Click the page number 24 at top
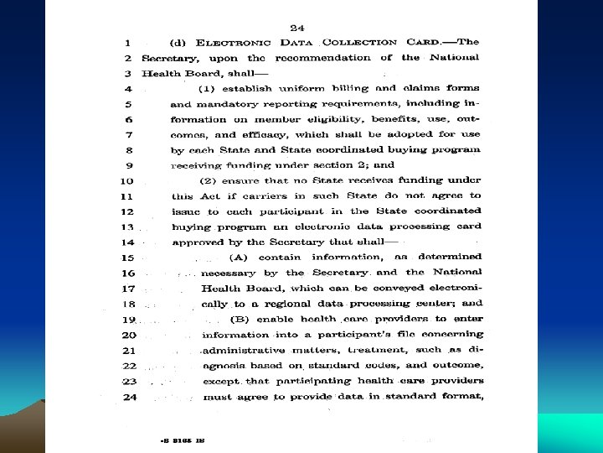point(296,26)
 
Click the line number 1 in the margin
point(126,41)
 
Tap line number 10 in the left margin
point(126,181)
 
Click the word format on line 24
point(460,398)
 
